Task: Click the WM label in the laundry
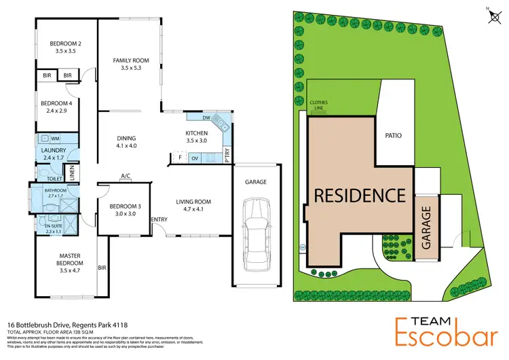pyautogui.click(x=56, y=139)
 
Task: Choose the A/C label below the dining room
pyautogui.click(x=126, y=177)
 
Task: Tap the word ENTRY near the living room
pyautogui.click(x=159, y=219)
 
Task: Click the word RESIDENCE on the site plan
pyautogui.click(x=358, y=195)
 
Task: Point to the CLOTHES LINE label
pyautogui.click(x=319, y=105)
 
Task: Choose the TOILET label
pyautogui.click(x=55, y=179)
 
